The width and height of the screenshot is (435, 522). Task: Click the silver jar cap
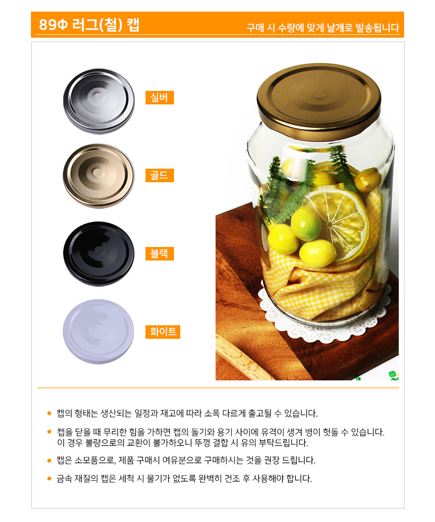[x=99, y=101]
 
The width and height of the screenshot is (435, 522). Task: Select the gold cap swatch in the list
[x=99, y=176]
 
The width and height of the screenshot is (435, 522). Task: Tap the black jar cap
[x=99, y=254]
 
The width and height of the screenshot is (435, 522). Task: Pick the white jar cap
[x=99, y=332]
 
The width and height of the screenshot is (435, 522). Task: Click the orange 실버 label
[x=160, y=98]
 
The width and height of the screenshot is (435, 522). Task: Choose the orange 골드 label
[x=160, y=175]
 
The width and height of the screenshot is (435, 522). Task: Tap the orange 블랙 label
[x=160, y=254]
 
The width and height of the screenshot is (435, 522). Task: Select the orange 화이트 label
[x=163, y=332]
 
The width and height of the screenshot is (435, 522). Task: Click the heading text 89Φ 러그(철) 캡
[x=89, y=25]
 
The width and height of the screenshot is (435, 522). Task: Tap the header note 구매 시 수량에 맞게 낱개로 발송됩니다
[x=323, y=28]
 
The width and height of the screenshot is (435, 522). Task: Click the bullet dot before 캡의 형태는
[x=49, y=413]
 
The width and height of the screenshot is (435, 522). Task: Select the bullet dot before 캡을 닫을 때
[x=49, y=432]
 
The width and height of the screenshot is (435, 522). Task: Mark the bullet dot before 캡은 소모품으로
[x=49, y=461]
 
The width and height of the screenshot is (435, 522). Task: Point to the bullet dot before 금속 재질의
[x=49, y=478]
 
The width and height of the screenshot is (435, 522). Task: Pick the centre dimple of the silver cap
[x=98, y=96]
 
